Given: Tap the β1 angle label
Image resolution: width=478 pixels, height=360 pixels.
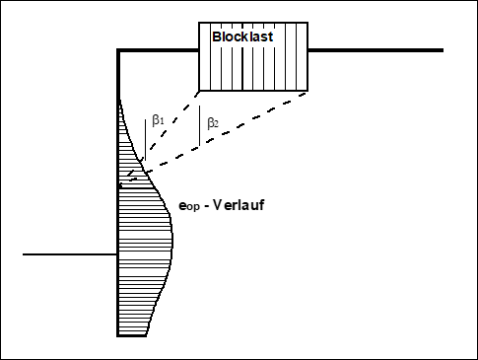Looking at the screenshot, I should pyautogui.click(x=158, y=120).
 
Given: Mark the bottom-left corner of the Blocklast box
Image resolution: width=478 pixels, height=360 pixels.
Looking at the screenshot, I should pyautogui.click(x=200, y=91).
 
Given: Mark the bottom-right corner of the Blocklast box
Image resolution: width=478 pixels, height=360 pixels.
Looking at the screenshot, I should pyautogui.click(x=307, y=91).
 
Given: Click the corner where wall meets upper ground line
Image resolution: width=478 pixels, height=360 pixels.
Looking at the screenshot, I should pyautogui.click(x=119, y=50).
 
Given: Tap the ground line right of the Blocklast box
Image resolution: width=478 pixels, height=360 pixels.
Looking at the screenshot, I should pyautogui.click(x=375, y=50).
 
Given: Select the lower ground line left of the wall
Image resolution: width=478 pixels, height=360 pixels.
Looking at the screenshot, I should pyautogui.click(x=69, y=254).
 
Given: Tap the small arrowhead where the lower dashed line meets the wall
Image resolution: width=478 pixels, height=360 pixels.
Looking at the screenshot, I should pyautogui.click(x=122, y=183).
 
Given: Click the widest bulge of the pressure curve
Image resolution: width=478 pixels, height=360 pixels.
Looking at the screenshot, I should pyautogui.click(x=171, y=237).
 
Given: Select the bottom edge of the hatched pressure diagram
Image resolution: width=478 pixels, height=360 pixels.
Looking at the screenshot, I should pyautogui.click(x=133, y=336).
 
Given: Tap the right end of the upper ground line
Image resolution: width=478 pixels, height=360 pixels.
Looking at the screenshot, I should pyautogui.click(x=442, y=50).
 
